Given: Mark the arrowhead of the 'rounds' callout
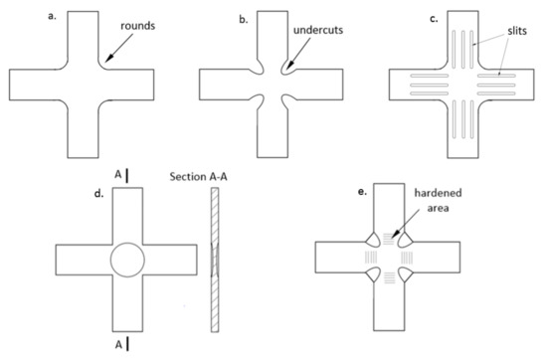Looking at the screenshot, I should coord(102,67).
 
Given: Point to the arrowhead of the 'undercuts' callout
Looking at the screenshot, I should coord(283,72).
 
